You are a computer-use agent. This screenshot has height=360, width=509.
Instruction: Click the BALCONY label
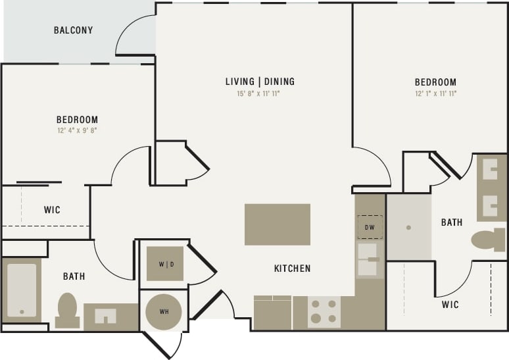(x=73, y=30)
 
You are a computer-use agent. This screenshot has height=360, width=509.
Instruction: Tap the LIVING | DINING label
(x=260, y=82)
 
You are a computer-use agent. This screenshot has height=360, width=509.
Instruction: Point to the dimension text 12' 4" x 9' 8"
(x=77, y=130)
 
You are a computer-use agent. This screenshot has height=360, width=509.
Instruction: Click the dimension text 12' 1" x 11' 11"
(x=435, y=94)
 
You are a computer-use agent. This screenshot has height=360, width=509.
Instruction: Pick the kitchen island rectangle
(x=277, y=224)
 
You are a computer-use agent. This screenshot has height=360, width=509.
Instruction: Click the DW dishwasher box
(x=370, y=227)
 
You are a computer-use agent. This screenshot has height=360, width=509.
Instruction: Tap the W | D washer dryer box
(x=164, y=264)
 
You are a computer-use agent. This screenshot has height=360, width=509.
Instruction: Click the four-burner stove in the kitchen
(x=324, y=312)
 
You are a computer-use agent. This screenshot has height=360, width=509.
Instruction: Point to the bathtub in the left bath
(x=22, y=290)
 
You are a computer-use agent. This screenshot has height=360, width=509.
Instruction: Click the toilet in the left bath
(x=67, y=309)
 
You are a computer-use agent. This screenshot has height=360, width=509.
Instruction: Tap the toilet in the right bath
(x=488, y=240)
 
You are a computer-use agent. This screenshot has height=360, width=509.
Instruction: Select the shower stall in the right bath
(x=408, y=227)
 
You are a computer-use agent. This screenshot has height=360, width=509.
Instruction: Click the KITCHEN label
(x=292, y=269)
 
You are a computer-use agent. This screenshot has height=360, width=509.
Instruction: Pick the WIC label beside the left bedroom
(x=52, y=210)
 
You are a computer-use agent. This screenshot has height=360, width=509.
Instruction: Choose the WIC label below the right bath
(x=450, y=305)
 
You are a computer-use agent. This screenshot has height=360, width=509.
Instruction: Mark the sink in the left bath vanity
(x=105, y=316)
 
